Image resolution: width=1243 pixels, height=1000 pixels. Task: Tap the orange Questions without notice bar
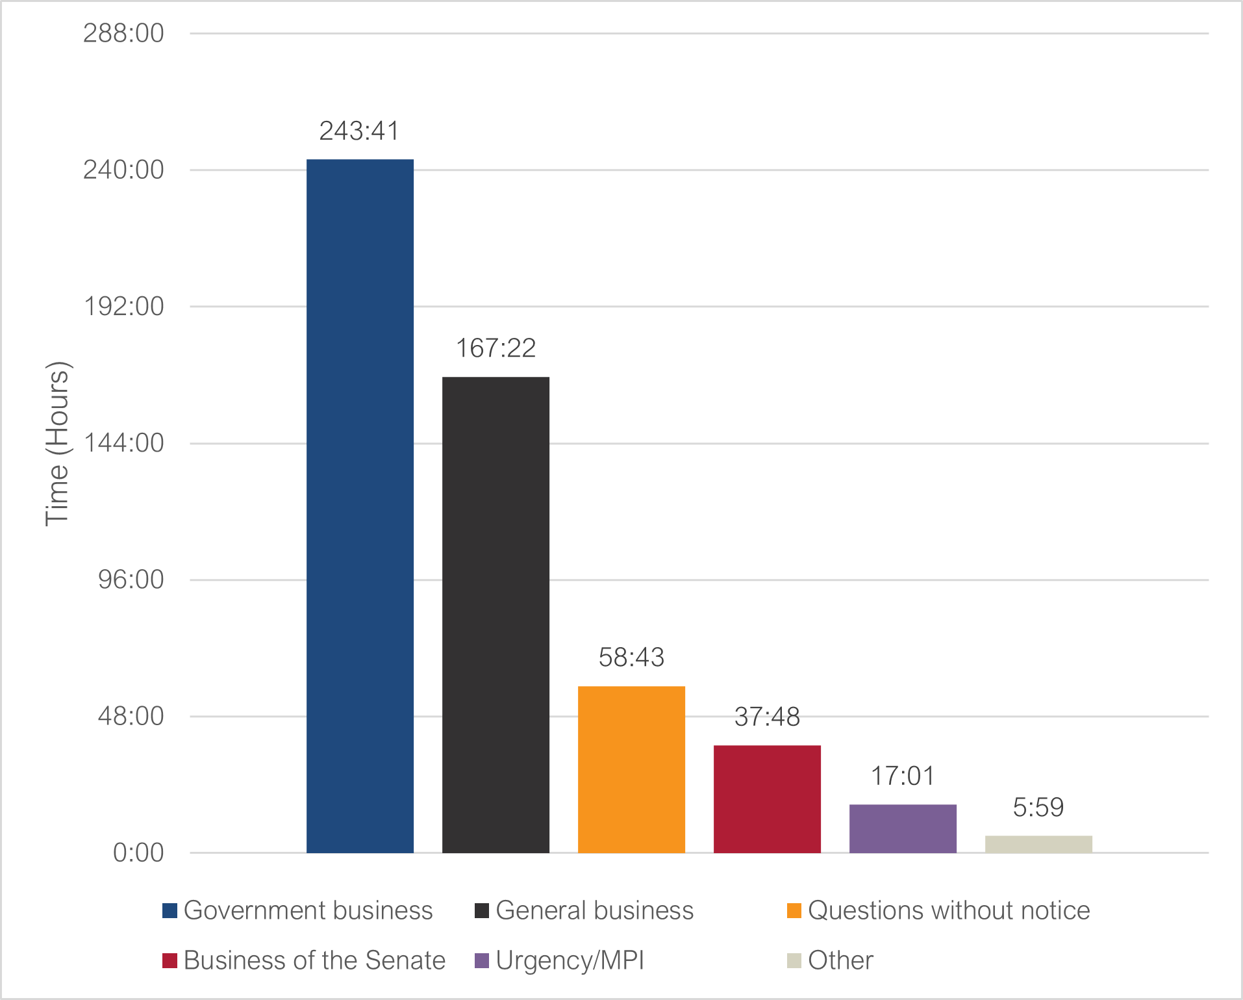631,769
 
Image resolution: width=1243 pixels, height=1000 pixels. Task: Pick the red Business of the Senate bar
767,799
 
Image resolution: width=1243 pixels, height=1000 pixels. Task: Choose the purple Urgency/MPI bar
903,828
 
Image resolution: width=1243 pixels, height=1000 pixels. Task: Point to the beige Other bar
1038,844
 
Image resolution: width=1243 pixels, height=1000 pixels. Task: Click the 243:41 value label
359,131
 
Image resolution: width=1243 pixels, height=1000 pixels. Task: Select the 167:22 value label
496,348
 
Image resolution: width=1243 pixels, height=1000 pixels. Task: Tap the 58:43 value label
631,658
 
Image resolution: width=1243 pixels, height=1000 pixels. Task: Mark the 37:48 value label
767,717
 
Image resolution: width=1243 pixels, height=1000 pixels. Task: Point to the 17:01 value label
903,776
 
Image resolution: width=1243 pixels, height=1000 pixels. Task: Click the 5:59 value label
1038,808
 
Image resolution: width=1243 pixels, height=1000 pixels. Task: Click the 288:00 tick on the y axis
123,33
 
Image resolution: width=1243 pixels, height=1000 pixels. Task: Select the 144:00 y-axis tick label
123,443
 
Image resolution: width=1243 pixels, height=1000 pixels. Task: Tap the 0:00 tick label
138,853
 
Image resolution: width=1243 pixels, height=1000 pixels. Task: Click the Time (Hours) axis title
57,443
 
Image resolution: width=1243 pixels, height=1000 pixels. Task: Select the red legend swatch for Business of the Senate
169,960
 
